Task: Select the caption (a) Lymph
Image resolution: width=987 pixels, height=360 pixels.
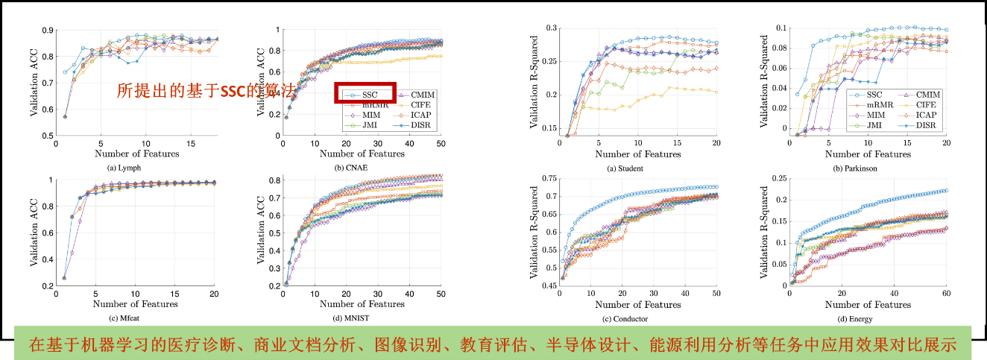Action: [x=124, y=168]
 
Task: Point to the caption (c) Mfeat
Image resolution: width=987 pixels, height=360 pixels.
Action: [x=124, y=318]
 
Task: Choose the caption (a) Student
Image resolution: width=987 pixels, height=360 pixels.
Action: [x=625, y=168]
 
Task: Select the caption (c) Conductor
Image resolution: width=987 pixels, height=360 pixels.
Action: [x=625, y=319]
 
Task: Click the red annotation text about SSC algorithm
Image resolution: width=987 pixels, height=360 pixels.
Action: [x=206, y=91]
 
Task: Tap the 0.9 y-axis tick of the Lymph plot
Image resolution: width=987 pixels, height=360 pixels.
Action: [x=46, y=31]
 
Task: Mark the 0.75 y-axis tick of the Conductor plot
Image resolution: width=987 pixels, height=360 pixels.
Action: [x=548, y=178]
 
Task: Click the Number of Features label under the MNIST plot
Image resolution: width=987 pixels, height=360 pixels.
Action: [x=362, y=304]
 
